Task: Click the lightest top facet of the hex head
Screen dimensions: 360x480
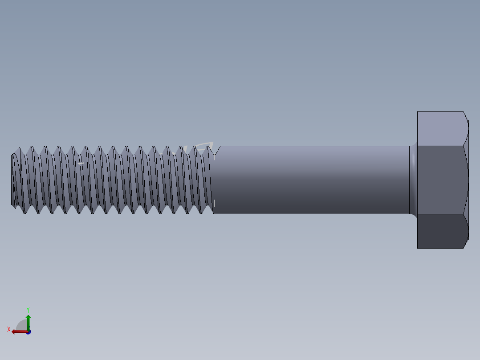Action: point(442,128)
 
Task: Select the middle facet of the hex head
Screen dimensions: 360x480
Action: point(442,180)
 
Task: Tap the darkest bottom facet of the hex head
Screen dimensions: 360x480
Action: point(442,231)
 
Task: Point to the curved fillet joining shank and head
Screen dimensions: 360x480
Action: point(414,180)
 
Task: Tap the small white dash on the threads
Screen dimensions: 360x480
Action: point(81,164)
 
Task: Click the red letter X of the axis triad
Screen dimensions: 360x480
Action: point(9,330)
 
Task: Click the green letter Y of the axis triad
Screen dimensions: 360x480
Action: point(28,309)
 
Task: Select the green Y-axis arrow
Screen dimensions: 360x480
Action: point(28,321)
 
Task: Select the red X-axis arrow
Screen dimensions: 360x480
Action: point(18,331)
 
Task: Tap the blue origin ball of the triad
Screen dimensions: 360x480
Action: point(28,332)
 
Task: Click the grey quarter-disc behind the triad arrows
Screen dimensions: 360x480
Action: point(21,325)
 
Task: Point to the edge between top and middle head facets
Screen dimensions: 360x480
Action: point(442,145)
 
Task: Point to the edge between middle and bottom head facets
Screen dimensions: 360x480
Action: point(442,214)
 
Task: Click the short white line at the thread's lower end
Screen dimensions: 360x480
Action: point(214,204)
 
